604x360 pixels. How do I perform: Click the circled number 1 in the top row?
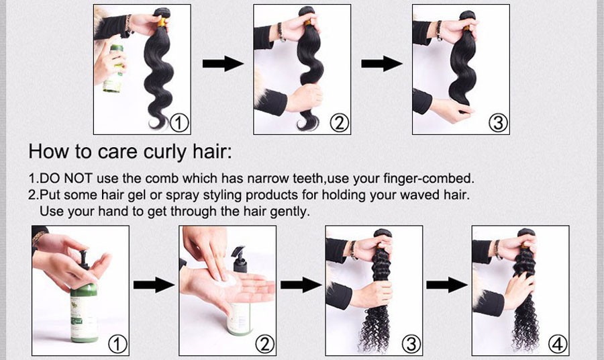(x=179, y=124)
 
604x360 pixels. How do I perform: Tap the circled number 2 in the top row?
(x=339, y=124)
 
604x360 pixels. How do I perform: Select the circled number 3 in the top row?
(x=498, y=124)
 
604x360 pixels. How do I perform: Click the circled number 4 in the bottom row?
(x=558, y=344)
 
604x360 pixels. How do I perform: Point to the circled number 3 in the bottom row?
(x=411, y=344)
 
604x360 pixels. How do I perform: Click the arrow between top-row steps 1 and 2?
(x=223, y=64)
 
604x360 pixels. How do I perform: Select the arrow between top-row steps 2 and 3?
(x=382, y=64)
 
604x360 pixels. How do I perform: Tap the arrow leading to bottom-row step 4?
(x=447, y=285)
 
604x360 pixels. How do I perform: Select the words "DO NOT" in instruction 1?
(x=66, y=179)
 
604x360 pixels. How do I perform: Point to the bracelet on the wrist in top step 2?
(x=281, y=32)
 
